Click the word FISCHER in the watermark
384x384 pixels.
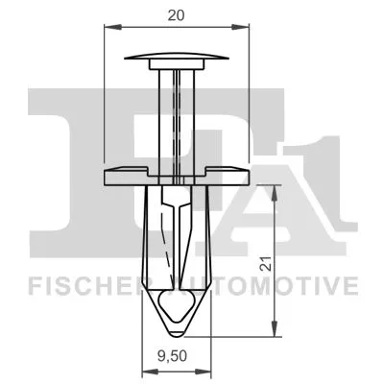(x=77, y=285)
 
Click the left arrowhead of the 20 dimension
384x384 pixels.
(x=107, y=30)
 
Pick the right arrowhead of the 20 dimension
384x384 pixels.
(x=244, y=30)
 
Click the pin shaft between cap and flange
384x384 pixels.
(x=176, y=115)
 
